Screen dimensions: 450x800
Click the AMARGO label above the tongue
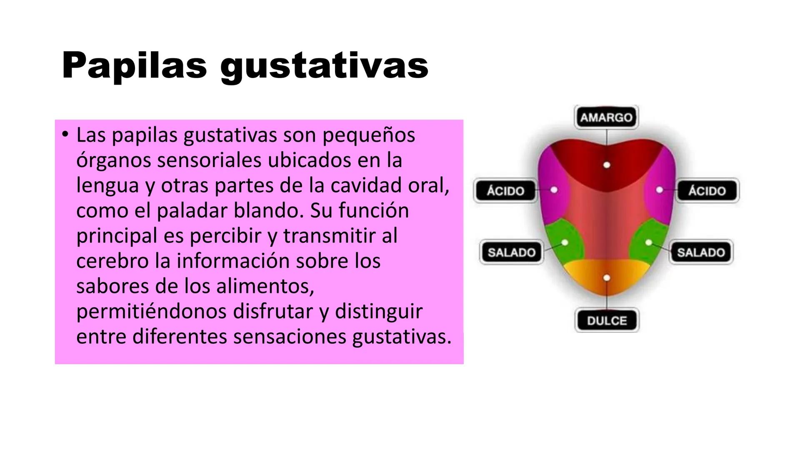click(606, 117)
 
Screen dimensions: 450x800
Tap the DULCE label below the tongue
click(607, 320)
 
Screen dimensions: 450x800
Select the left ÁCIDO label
click(505, 191)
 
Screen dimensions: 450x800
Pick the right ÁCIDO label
click(707, 191)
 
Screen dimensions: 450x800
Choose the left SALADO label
click(511, 252)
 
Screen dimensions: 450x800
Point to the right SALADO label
click(701, 252)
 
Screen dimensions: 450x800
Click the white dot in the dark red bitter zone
click(607, 165)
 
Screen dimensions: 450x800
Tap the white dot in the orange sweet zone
click(607, 277)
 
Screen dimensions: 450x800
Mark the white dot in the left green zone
click(565, 242)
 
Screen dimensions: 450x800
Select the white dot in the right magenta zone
click(659, 190)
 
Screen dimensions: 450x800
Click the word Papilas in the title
click(134, 66)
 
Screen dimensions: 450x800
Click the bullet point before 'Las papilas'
click(64, 134)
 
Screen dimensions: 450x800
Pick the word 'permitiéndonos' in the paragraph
click(152, 312)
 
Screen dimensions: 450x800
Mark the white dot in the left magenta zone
click(554, 190)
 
